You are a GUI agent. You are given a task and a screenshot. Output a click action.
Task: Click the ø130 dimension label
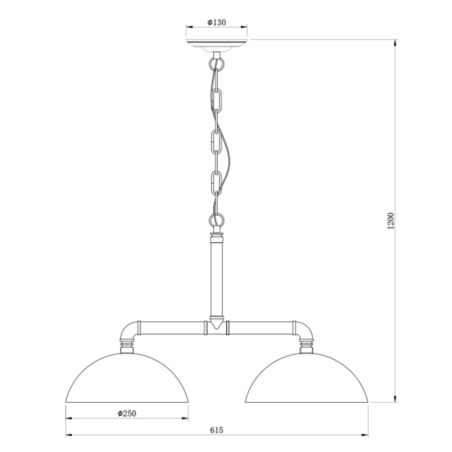pyautogui.click(x=217, y=22)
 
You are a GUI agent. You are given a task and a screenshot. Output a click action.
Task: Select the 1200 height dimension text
pyautogui.click(x=391, y=221)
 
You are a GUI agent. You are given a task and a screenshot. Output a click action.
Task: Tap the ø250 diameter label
pyautogui.click(x=127, y=413)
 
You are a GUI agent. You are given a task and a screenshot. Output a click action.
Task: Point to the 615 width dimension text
pyautogui.click(x=216, y=430)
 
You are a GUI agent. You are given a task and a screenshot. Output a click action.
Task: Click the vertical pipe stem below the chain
pyautogui.click(x=217, y=277)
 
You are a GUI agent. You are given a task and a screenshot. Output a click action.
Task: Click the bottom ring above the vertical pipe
pyautogui.click(x=217, y=221)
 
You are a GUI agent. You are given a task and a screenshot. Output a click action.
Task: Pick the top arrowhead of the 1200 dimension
pyautogui.click(x=395, y=43)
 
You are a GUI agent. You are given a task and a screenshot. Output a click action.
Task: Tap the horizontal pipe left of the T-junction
pyautogui.click(x=172, y=328)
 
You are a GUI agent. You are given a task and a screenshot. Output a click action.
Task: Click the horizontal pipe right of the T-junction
pyautogui.click(x=261, y=328)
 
